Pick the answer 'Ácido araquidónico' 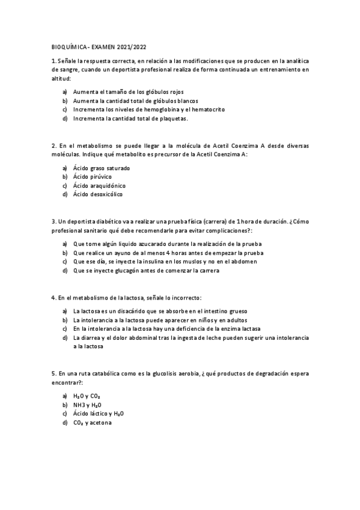99,186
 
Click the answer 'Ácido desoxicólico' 99,194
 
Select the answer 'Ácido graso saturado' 101,168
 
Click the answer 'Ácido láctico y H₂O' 99,414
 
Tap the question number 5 54,373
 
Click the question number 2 54,146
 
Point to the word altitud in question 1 61,78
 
